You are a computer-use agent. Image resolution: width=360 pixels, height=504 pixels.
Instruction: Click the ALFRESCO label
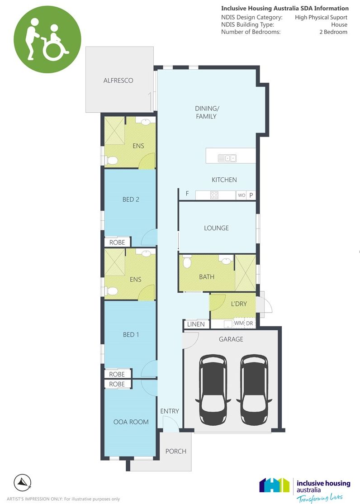tap(118, 81)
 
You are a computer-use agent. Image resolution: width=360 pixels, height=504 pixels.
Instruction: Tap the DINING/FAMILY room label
tap(206, 112)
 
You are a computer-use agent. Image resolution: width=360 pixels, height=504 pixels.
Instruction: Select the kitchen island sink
tap(227, 158)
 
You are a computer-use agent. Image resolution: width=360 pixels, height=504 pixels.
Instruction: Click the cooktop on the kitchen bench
tap(214, 195)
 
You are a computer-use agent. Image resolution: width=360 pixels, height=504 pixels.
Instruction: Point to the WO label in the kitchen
tap(242, 195)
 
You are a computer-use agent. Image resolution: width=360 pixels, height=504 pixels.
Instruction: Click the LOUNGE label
tap(216, 228)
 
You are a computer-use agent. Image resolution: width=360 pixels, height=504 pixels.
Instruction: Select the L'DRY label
tap(238, 304)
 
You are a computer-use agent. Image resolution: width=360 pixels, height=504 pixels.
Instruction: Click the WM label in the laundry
tap(238, 323)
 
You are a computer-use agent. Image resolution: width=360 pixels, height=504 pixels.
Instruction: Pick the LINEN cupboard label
tap(196, 324)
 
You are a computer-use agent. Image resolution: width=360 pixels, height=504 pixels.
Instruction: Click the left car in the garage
tap(213, 389)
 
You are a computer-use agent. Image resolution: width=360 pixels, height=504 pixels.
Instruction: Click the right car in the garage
tap(254, 389)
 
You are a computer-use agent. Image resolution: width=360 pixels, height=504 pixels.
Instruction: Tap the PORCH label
tap(175, 451)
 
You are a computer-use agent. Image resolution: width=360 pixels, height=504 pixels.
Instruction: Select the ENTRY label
tap(170, 411)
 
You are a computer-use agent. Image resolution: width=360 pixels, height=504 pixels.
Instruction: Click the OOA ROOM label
tap(131, 422)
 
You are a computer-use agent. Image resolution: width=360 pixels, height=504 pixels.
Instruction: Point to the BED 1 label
tap(131, 335)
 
